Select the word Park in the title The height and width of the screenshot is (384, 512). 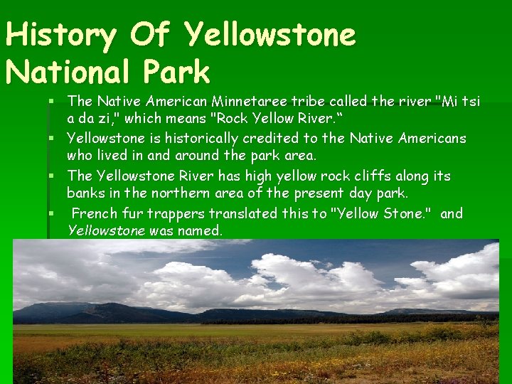[180, 73]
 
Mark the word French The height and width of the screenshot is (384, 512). [92, 213]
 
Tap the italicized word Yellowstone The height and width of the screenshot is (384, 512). [105, 230]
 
